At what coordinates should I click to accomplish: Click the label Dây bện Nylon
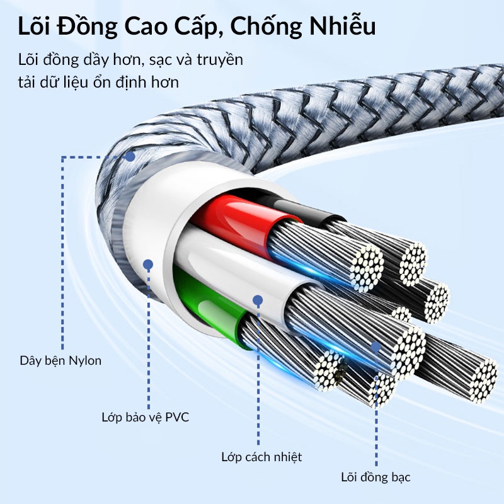[x=60, y=361]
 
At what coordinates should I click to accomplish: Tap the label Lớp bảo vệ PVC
[x=146, y=417]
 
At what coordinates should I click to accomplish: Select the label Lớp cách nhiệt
[x=261, y=457]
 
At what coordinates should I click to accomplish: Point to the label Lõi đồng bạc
[x=375, y=478]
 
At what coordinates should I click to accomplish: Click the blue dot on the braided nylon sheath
[x=130, y=157]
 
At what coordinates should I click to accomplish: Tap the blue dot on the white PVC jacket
[x=148, y=265]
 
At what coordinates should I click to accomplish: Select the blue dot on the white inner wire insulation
[x=258, y=301]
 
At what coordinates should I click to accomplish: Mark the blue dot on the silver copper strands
[x=375, y=346]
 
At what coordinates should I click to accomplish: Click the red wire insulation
[x=238, y=222]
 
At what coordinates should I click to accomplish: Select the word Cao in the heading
[x=147, y=26]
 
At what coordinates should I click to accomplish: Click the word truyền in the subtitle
[x=220, y=60]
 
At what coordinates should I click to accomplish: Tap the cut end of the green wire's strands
[x=328, y=370]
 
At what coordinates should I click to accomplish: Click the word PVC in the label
[x=177, y=417]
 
